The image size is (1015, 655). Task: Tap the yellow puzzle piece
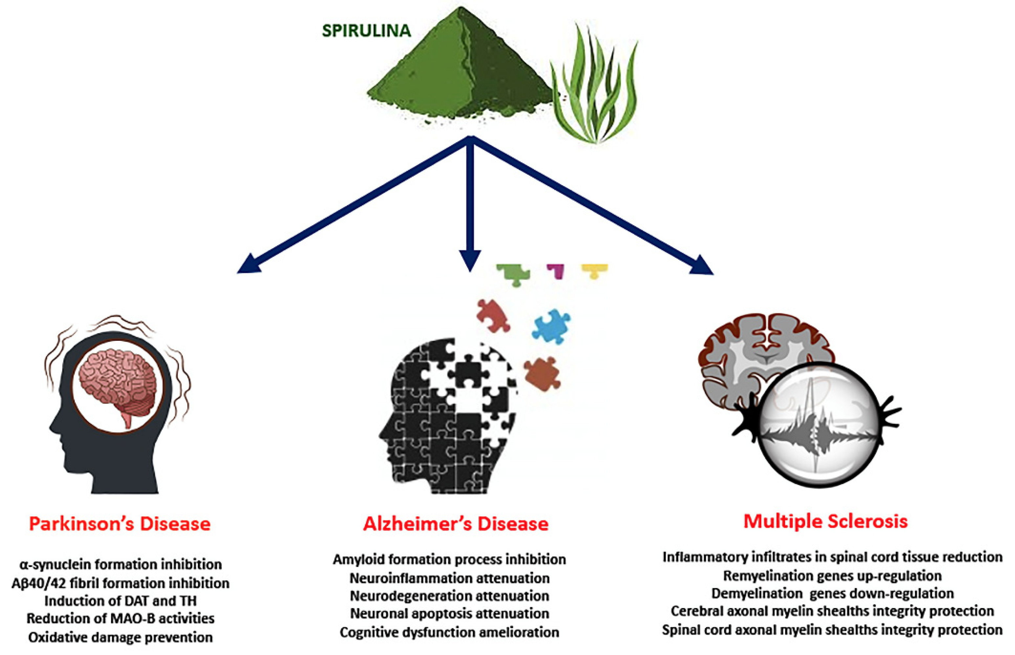coord(595,271)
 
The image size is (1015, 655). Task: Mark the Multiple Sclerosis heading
coord(825,521)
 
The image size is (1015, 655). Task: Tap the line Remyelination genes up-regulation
coord(832,576)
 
